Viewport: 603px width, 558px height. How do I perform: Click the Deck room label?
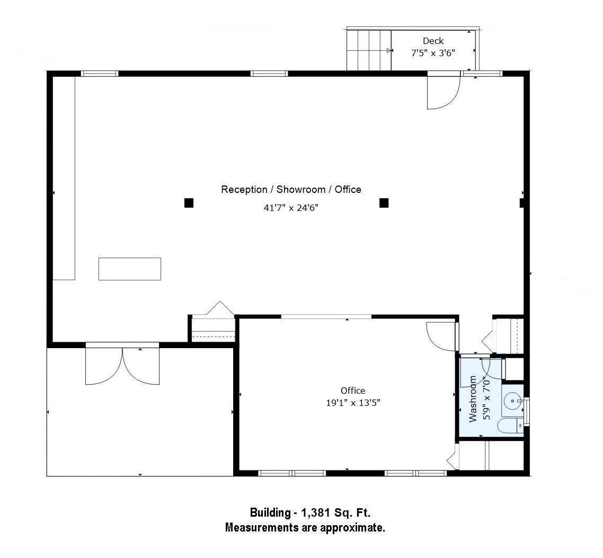tap(433, 41)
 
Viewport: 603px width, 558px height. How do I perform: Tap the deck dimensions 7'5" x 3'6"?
tap(433, 53)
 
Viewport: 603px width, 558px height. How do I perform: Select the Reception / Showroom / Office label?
tap(291, 189)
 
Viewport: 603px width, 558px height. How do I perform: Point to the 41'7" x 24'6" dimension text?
tap(291, 208)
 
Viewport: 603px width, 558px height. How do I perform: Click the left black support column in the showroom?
tap(189, 202)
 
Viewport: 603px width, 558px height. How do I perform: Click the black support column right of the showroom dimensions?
tap(384, 202)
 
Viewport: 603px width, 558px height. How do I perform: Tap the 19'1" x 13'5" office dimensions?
tap(353, 403)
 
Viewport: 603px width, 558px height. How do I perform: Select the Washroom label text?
tap(473, 399)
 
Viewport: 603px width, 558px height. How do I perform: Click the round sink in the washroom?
tap(512, 401)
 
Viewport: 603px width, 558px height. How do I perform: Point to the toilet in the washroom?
tap(510, 426)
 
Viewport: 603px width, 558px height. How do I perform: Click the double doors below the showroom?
tap(122, 365)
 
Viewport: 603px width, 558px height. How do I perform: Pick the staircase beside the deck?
tap(369, 50)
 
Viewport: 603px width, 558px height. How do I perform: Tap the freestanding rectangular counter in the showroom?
tap(130, 269)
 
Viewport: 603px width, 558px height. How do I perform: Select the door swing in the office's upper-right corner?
tap(442, 336)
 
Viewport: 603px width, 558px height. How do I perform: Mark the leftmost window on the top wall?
tap(100, 74)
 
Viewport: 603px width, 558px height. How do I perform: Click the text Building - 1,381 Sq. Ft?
tap(310, 512)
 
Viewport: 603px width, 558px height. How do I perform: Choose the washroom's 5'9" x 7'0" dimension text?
tap(486, 399)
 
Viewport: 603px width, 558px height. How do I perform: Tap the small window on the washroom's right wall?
tap(527, 412)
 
